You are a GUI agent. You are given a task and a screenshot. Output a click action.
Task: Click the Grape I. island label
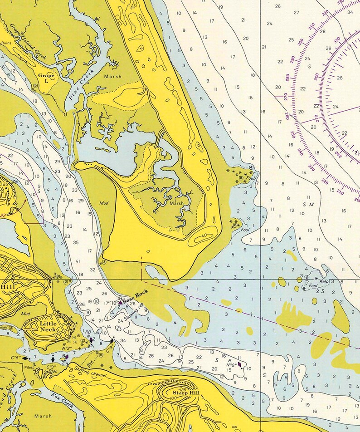46,78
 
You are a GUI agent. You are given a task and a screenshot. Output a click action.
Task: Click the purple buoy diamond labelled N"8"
240,363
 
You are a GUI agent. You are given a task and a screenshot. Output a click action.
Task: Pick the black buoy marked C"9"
112,341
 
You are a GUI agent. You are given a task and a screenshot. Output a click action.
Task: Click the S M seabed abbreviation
308,205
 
